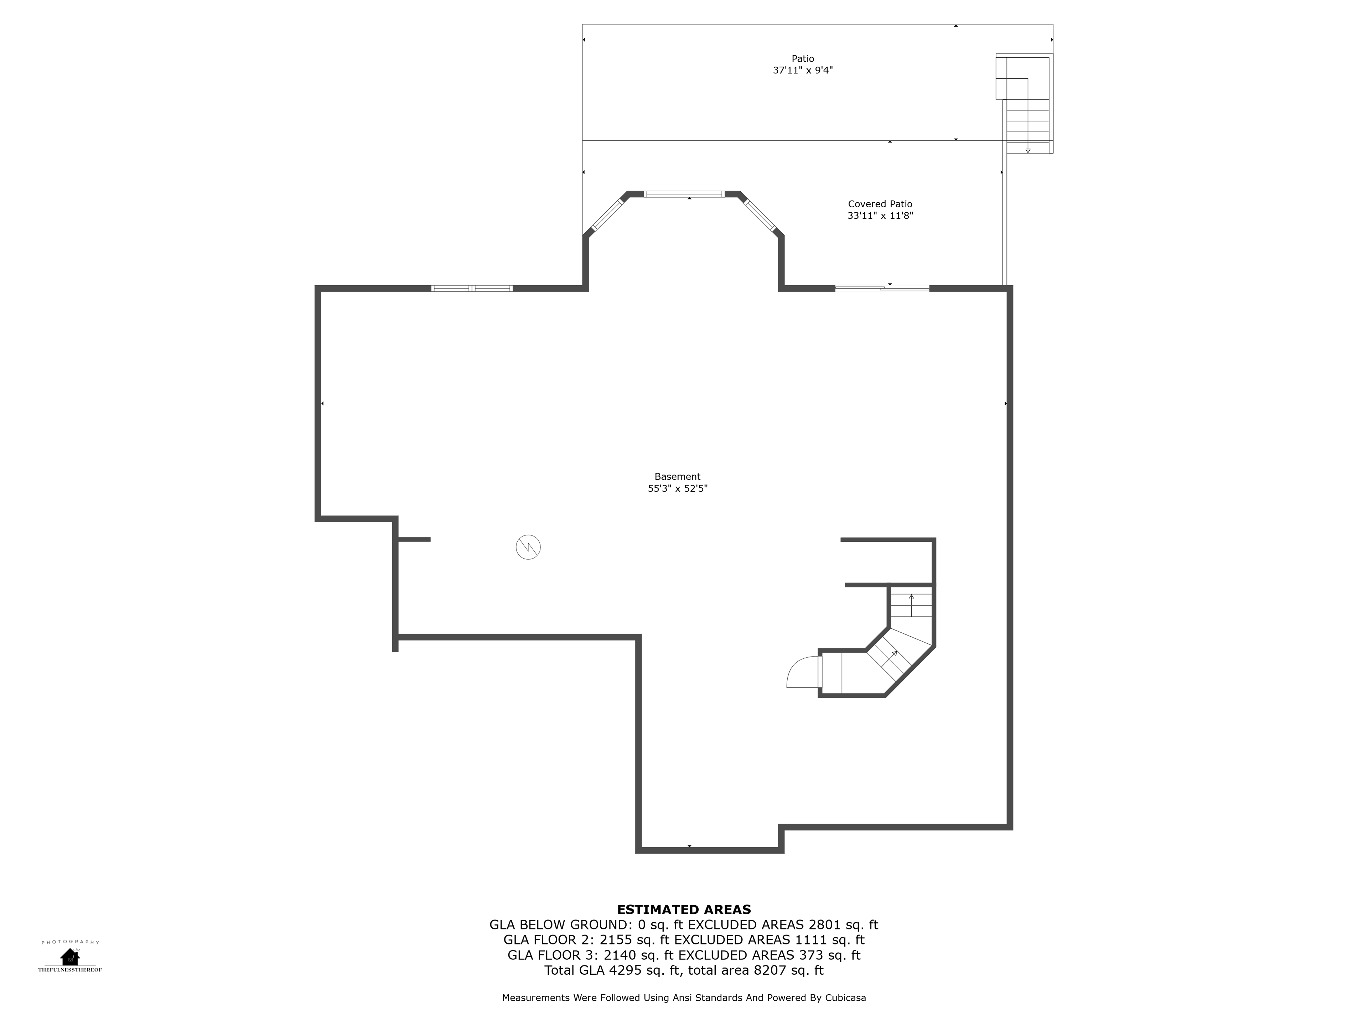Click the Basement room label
pyautogui.click(x=677, y=477)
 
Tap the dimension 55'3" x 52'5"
pyautogui.click(x=677, y=488)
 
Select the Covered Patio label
pyautogui.click(x=880, y=204)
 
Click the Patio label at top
pyautogui.click(x=803, y=59)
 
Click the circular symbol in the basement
pyautogui.click(x=528, y=547)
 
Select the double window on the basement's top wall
pyautogui.click(x=472, y=288)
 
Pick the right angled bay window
pyautogui.click(x=761, y=214)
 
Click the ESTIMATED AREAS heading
pyautogui.click(x=684, y=910)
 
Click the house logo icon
pyautogui.click(x=70, y=957)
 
